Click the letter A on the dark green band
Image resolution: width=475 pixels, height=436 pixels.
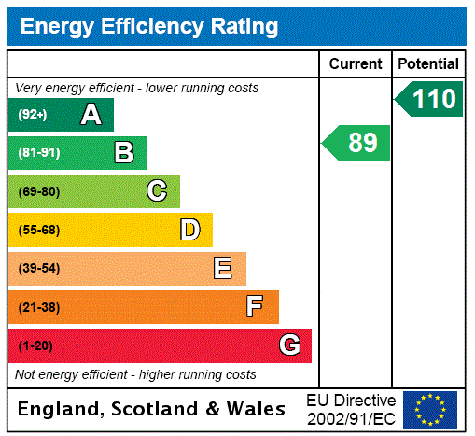91,115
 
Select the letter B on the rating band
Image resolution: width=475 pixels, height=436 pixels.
123,153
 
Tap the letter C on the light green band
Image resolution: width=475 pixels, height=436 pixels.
157,191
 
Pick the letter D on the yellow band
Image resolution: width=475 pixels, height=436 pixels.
189,230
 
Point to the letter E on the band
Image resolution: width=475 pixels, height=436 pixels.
223,269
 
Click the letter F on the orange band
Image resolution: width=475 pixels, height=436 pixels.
255,307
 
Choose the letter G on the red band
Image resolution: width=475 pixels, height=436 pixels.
289,345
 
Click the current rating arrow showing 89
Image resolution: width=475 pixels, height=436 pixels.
356,143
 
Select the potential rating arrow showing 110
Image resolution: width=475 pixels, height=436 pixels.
429,99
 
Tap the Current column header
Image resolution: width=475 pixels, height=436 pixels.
356,64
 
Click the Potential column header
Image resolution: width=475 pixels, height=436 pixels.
428,64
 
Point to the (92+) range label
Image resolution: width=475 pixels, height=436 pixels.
33,115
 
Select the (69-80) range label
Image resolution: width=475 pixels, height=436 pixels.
38,192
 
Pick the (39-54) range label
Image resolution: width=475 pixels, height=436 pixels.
38,269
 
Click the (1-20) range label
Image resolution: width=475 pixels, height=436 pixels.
35,346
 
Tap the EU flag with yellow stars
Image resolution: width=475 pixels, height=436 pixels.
430,409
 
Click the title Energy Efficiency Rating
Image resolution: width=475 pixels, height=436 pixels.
149,26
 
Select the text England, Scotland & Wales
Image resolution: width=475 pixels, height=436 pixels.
152,409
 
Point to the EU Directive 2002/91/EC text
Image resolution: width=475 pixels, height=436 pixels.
351,409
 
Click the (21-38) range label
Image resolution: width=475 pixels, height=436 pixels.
38,307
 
